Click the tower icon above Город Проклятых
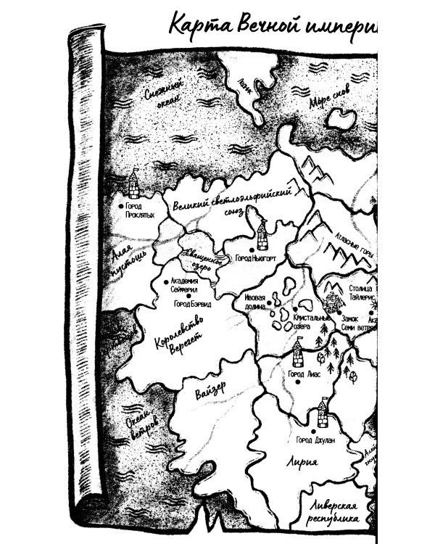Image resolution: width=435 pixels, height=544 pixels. tap(133, 184)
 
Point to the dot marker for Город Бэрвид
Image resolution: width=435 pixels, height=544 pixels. tap(189, 295)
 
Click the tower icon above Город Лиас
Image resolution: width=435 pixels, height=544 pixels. tap(297, 354)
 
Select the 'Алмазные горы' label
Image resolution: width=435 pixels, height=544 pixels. tap(354, 247)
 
